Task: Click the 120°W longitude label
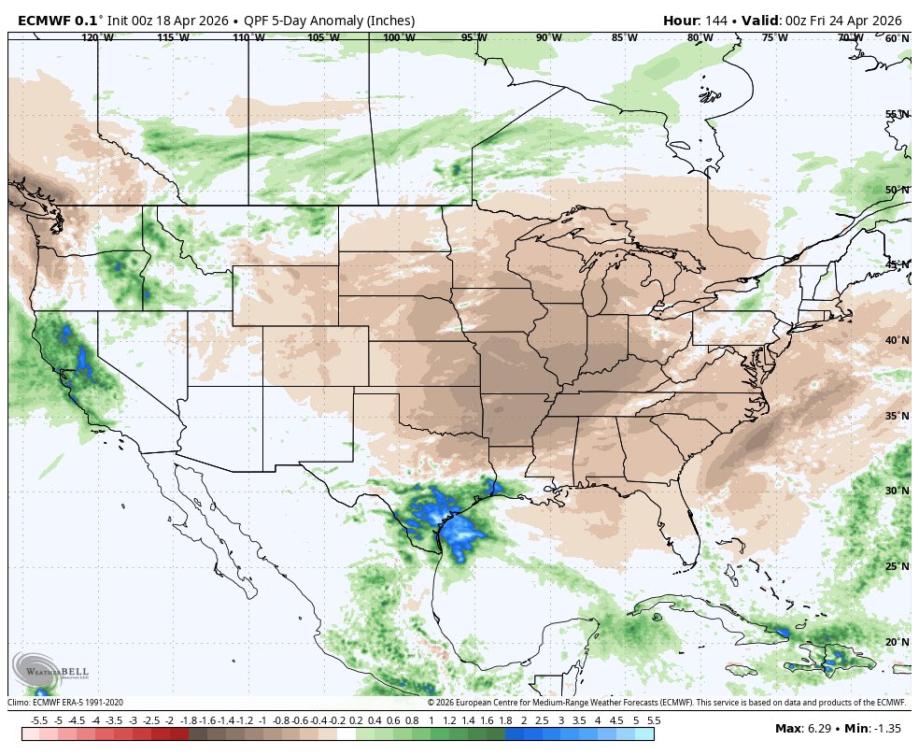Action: (97, 37)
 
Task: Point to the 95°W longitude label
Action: (474, 37)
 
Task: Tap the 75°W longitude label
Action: (774, 37)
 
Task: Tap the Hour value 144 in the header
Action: (715, 21)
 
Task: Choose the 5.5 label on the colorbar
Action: (654, 720)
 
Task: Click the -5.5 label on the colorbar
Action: (39, 720)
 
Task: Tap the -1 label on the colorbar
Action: (262, 720)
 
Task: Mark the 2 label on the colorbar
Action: (523, 720)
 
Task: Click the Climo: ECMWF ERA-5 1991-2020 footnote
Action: (65, 702)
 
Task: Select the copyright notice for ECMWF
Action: (667, 702)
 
